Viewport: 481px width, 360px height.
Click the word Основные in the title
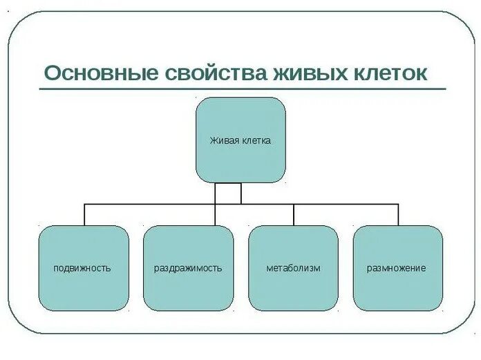coord(100,72)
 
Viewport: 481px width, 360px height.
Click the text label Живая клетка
coord(240,140)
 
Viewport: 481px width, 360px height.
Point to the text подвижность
coord(82,267)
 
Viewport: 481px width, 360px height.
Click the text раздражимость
coord(187,267)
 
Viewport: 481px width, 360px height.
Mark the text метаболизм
coord(293,267)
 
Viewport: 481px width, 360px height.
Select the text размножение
coord(396,267)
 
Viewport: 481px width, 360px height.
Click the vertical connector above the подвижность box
coord(84,215)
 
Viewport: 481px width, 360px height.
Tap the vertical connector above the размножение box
coord(398,215)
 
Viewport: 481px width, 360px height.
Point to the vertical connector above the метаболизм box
coord(294,215)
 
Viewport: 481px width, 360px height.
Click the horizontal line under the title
coord(242,89)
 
